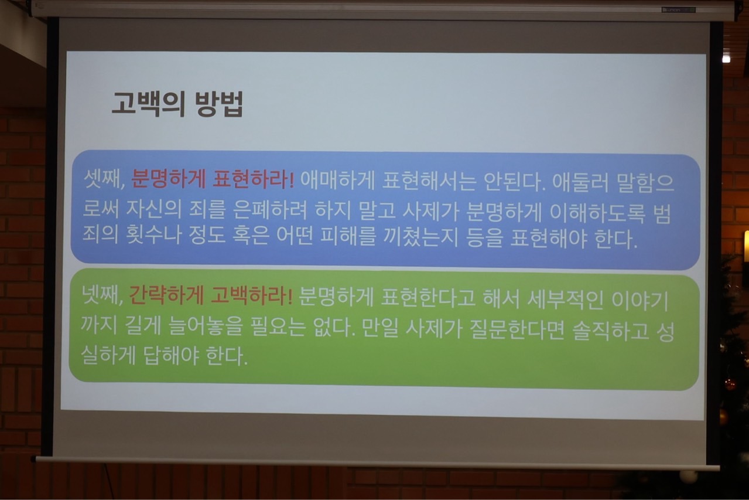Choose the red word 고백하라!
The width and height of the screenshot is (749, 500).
click(x=252, y=296)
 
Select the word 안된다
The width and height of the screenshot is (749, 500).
click(x=515, y=182)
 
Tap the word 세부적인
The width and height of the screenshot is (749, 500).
click(x=565, y=300)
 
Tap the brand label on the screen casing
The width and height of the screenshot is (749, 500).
click(x=679, y=10)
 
